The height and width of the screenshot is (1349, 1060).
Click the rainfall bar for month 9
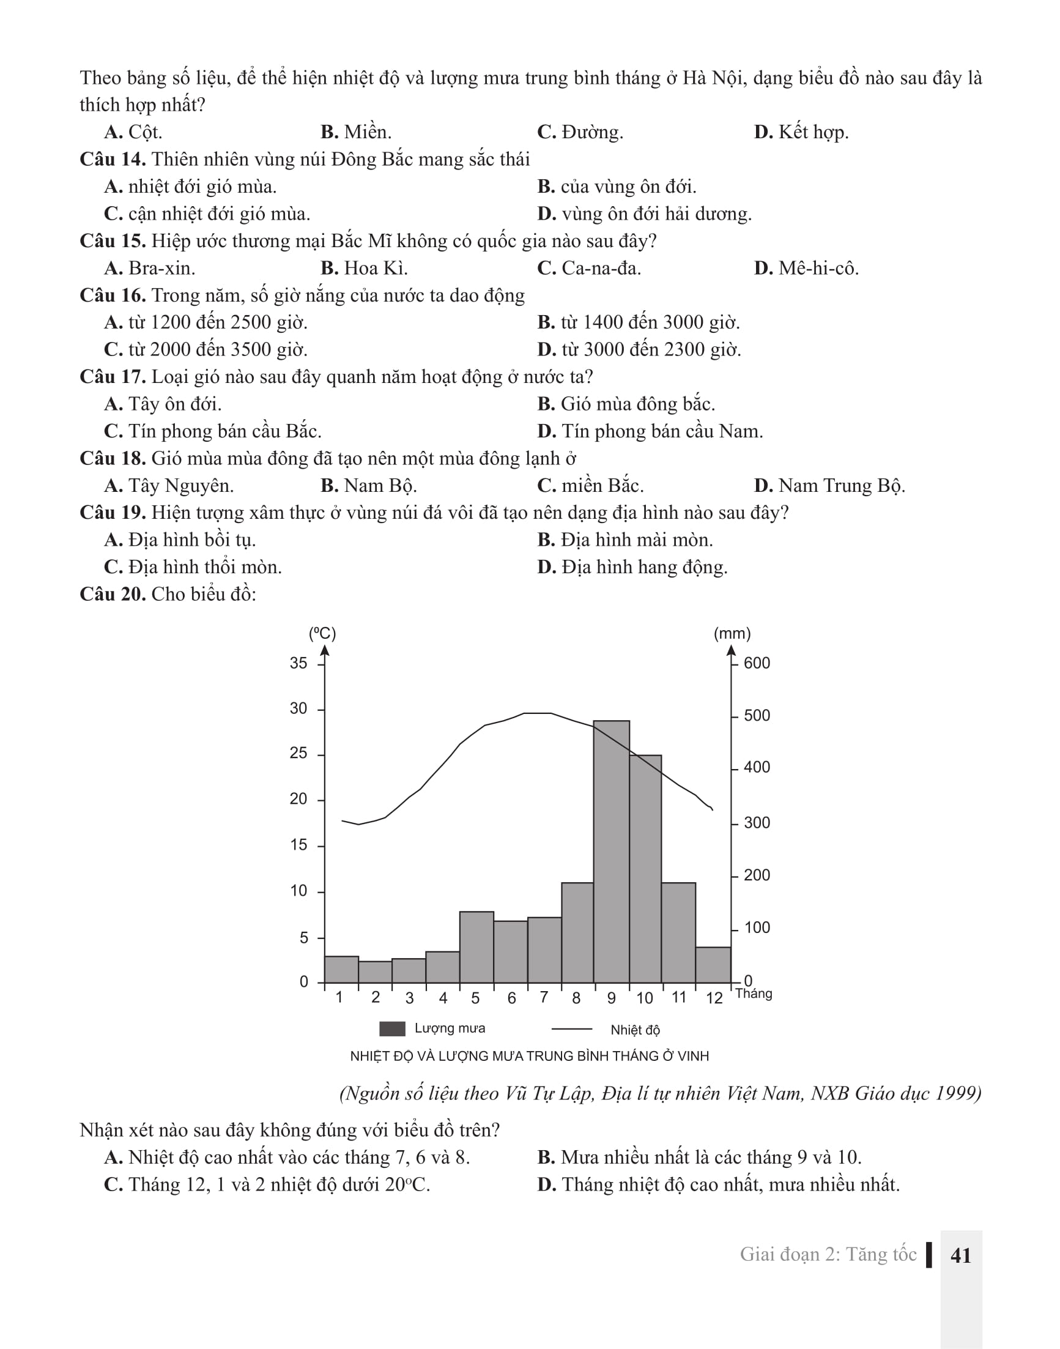(611, 851)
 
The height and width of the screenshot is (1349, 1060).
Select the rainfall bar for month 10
(645, 869)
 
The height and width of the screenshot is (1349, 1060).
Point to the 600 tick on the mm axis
(757, 663)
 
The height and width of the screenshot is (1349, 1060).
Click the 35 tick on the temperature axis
(298, 663)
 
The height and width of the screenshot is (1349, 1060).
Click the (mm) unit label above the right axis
(732, 633)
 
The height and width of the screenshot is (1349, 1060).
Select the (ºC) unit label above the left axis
(322, 633)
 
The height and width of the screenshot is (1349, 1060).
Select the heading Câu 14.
(113, 160)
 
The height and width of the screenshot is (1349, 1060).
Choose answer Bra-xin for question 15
(161, 268)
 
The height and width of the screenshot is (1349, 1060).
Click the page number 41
(960, 1255)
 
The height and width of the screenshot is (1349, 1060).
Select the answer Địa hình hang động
(644, 567)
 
